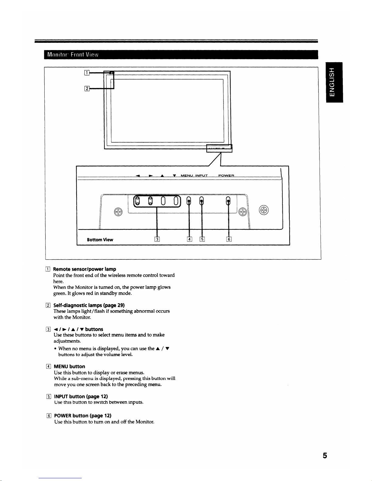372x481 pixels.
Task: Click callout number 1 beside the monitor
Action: point(87,73)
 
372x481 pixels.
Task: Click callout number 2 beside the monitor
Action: point(87,88)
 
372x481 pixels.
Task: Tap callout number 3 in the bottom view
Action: point(157,239)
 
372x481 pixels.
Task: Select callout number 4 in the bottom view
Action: point(189,239)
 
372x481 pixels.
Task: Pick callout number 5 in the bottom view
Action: point(202,239)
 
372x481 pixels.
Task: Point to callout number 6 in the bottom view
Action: point(229,239)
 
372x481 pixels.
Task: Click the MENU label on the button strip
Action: point(186,176)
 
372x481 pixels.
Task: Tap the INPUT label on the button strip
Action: point(201,176)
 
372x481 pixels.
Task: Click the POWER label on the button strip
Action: point(226,176)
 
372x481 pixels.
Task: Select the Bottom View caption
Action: point(100,240)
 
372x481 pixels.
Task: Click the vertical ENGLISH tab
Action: point(334,82)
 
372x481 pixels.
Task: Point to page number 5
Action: point(325,456)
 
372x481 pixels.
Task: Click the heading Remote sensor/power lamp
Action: point(84,269)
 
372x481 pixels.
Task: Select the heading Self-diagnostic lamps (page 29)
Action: point(89,305)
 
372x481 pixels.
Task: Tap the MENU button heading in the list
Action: point(69,366)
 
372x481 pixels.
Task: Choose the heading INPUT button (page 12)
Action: point(81,396)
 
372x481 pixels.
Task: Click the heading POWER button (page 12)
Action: point(82,415)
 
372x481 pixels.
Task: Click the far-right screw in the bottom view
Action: point(264,210)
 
